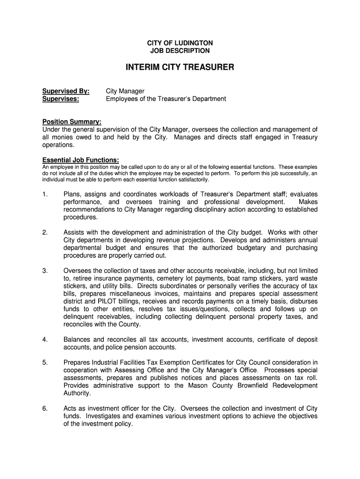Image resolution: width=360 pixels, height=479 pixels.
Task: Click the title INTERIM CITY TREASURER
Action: (180, 68)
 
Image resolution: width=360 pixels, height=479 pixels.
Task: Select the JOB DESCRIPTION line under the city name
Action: (180, 51)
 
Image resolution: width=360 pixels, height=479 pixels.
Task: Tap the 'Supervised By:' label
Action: (66, 91)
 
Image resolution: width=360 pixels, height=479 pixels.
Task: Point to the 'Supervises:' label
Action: (61, 99)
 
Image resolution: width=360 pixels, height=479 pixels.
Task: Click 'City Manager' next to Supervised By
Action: (125, 91)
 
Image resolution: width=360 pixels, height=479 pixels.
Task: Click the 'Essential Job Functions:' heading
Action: (80, 159)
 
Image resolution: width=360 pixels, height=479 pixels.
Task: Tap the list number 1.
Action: (45, 194)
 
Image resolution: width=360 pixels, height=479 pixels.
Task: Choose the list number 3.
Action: (45, 270)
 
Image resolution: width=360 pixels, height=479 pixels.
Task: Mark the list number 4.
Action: (45, 339)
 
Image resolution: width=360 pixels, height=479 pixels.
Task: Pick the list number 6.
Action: (45, 408)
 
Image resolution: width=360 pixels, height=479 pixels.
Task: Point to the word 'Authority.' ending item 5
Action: (77, 393)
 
